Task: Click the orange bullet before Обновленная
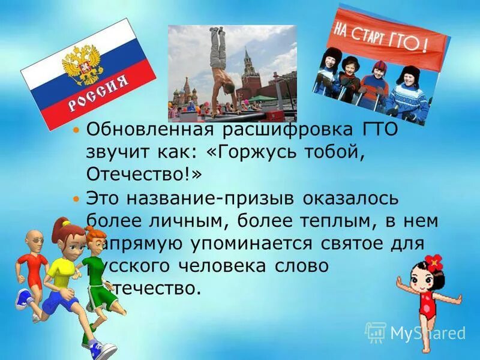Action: (x=76, y=130)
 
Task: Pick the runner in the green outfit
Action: (x=96, y=282)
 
